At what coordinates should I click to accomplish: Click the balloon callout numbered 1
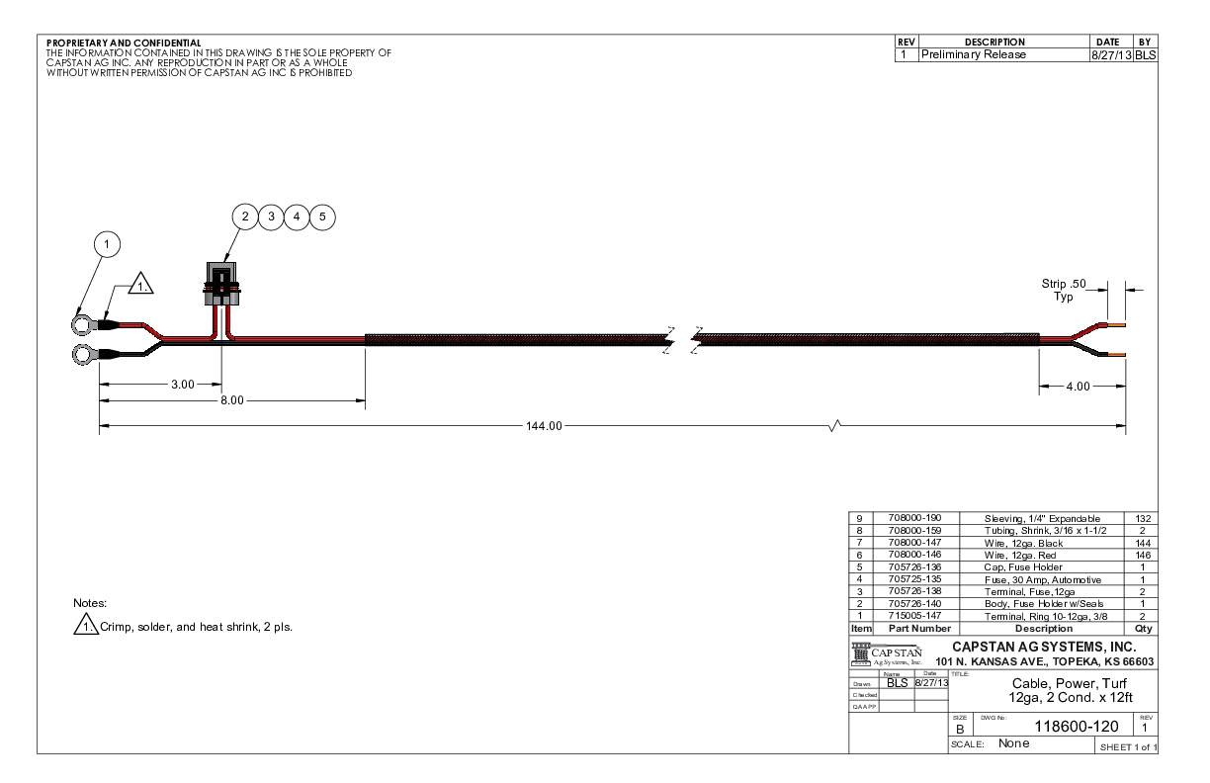pos(107,244)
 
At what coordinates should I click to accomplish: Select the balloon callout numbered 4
pos(297,217)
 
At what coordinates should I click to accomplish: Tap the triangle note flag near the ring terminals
pos(140,283)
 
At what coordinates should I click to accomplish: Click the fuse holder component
pos(221,285)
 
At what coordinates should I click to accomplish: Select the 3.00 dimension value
pos(183,385)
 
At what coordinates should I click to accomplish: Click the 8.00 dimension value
pos(231,400)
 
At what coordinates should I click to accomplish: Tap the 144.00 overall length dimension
pos(544,426)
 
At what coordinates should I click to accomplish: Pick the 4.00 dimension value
pos(1078,387)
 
